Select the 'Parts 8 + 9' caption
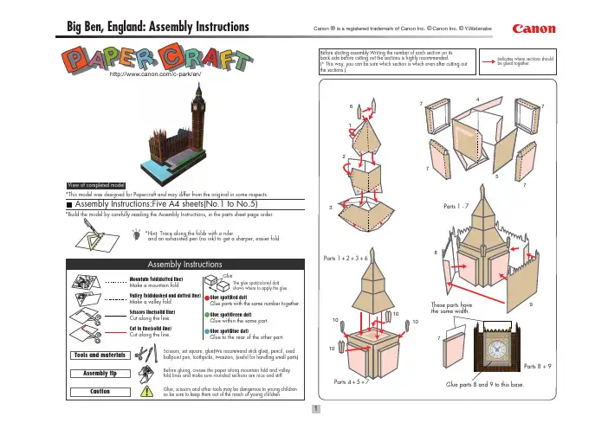pyautogui.click(x=563, y=366)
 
